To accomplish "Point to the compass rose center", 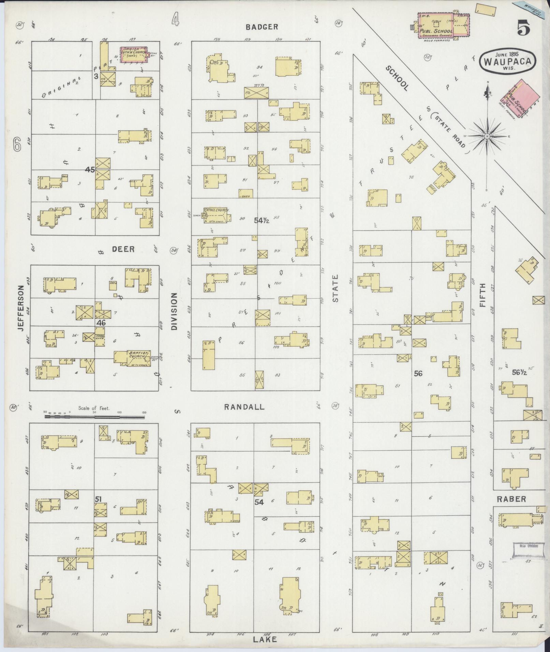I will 487,136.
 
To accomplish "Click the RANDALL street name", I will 244,407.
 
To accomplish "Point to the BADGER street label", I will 262,27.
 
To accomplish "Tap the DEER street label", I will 123,249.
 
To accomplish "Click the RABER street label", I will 511,499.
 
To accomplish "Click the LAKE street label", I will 265,639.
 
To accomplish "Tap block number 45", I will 90,169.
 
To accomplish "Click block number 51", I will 99,499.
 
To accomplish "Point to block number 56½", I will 520,373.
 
